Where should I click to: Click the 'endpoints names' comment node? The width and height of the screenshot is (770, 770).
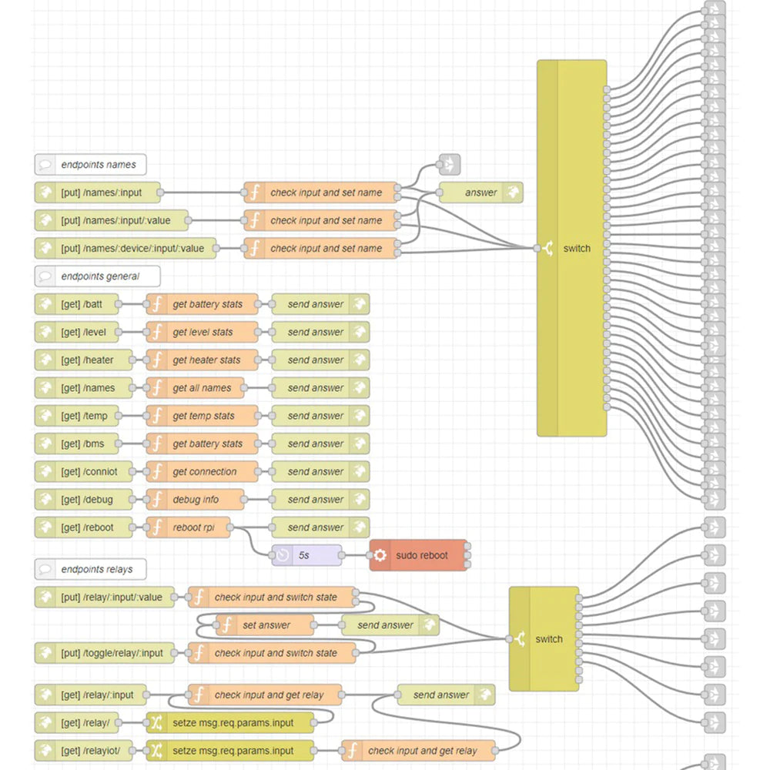(90, 165)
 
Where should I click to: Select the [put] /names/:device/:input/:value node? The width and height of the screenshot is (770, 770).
(126, 249)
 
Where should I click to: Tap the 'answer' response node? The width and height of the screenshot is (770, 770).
(480, 192)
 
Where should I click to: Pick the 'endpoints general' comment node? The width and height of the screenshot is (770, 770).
(97, 276)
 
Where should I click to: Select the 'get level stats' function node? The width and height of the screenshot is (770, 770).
(202, 332)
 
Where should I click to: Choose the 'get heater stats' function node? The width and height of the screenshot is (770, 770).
(202, 360)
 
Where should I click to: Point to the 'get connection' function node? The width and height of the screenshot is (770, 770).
(202, 472)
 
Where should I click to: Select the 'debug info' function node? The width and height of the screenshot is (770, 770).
(195, 500)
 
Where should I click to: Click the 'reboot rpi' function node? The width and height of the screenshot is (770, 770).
(188, 527)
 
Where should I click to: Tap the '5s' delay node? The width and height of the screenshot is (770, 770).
(306, 555)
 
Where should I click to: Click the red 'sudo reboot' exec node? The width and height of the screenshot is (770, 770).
(419, 555)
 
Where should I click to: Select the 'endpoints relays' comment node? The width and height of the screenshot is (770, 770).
(90, 570)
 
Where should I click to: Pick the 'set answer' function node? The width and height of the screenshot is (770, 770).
(265, 625)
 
